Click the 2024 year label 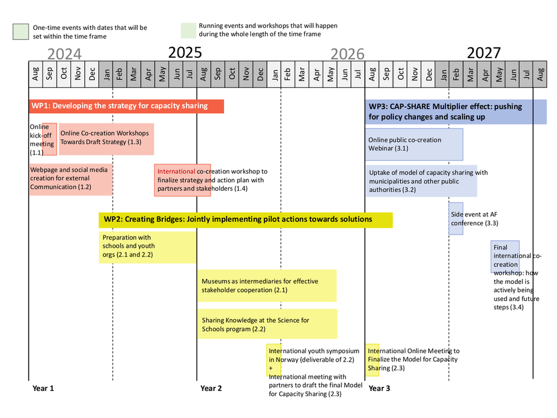coord(64,54)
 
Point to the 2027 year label coord(484,53)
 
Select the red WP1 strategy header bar coord(126,106)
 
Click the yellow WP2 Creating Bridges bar coord(245,220)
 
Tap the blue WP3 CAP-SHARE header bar coord(456,111)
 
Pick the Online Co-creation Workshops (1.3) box coord(107,139)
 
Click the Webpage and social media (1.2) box coord(71,179)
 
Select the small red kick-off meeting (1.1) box coord(50,139)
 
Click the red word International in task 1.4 coord(176,171)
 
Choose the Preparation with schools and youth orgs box coord(148,247)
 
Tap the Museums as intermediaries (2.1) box coord(267,286)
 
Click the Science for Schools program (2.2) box coord(267,324)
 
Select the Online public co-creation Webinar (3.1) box coord(414,144)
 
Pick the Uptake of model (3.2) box coord(421,181)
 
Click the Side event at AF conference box coord(456,219)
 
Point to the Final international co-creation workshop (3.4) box coord(505,257)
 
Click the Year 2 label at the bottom coord(211,388)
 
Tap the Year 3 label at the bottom coord(379,388)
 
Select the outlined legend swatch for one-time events coord(21,32)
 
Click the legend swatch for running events coord(188,31)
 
